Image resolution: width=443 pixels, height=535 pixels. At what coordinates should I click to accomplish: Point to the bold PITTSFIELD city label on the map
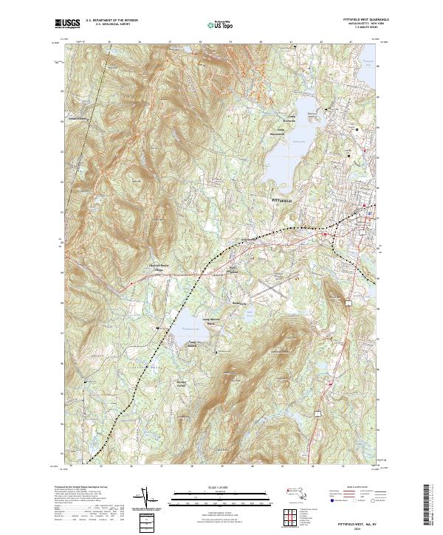[x=283, y=200]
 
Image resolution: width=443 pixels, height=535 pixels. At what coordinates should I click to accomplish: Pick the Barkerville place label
[x=238, y=303]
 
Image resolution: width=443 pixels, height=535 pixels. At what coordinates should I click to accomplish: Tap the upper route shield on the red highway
[x=347, y=302]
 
